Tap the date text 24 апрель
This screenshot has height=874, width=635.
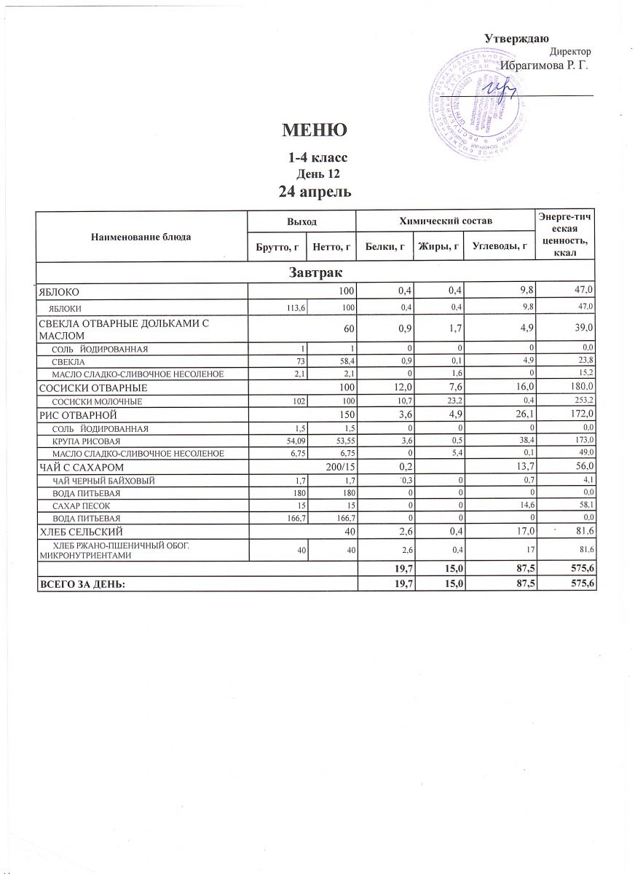[316, 192]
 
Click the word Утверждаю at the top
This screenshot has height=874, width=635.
[517, 39]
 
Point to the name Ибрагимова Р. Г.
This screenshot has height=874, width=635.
[544, 66]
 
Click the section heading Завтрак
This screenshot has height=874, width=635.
[316, 272]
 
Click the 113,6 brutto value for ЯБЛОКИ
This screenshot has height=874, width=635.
[293, 307]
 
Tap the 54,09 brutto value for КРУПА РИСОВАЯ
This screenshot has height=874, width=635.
[292, 441]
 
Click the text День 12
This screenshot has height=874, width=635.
[316, 173]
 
